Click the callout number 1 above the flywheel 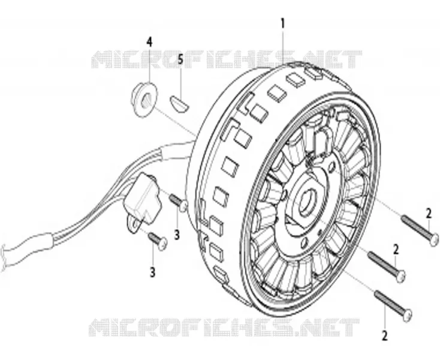point(283,23)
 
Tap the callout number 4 point(149,42)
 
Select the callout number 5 point(180,59)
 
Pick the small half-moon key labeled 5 point(179,103)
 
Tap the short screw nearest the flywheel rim point(178,203)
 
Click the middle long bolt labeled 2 point(387,265)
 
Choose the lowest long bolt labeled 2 point(393,305)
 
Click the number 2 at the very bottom point(384,335)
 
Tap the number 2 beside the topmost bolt point(428,214)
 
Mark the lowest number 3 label point(152,272)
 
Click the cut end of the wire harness point(4,257)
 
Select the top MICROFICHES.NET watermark point(227,59)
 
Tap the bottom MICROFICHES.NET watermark point(224,328)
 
